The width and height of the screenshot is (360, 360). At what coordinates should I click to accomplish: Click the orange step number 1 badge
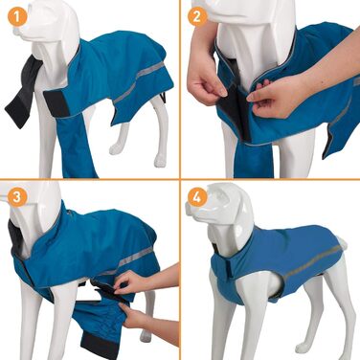coord(17,17)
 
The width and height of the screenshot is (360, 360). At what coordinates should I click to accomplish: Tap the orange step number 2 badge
coord(196,16)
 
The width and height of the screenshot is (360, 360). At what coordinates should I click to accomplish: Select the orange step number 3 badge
coord(17,197)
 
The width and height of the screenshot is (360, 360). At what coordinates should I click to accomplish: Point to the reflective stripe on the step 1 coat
coord(139,82)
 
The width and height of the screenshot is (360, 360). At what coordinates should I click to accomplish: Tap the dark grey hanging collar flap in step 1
coord(23,93)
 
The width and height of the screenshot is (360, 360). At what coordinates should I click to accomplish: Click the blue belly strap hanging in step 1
coord(77,146)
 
